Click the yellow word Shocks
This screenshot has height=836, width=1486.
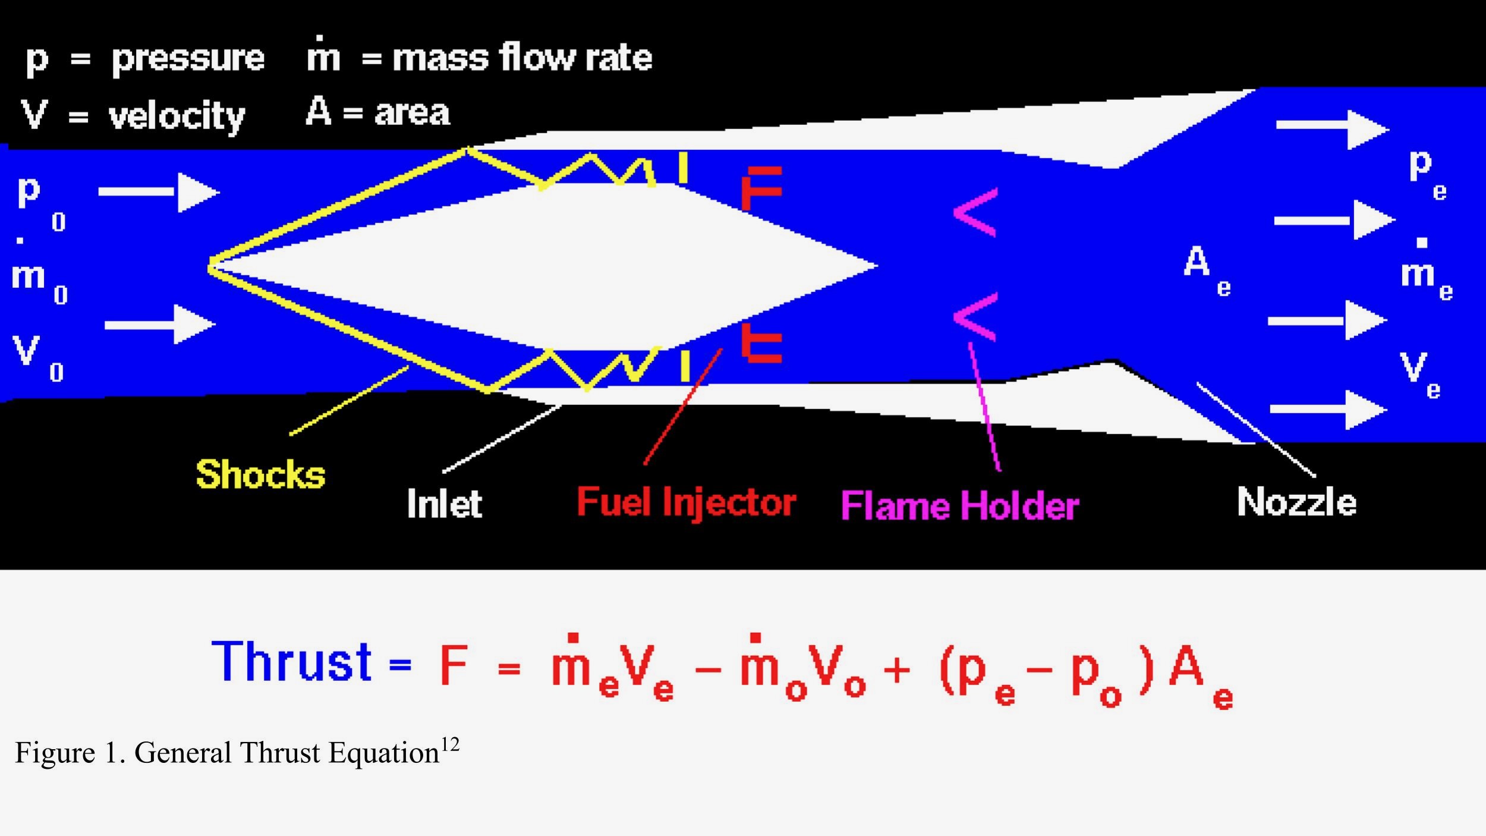[x=260, y=474]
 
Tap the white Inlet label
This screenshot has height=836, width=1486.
[x=444, y=504]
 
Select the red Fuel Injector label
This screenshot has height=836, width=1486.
[x=686, y=502]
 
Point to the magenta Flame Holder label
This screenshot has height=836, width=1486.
[x=959, y=506]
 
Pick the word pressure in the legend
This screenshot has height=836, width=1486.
[x=188, y=58]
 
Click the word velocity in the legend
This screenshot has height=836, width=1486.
[x=177, y=115]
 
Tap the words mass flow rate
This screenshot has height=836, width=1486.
[x=522, y=58]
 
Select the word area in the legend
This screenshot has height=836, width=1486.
[x=411, y=112]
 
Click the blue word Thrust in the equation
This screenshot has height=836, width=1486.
[x=291, y=662]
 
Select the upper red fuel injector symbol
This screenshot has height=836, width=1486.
[x=761, y=187]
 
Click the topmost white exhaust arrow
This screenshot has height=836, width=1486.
[x=1331, y=129]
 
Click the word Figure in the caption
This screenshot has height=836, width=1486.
[x=55, y=753]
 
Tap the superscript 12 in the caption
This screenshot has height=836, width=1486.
[x=449, y=744]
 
